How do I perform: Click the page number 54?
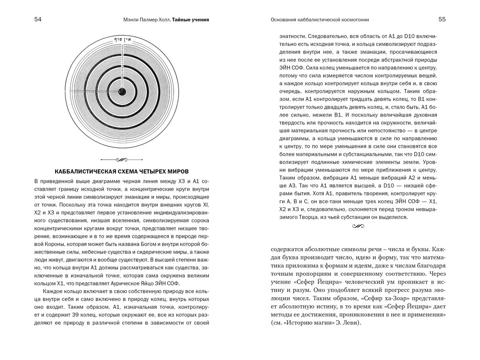click(x=38, y=20)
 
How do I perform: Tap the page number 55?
click(x=442, y=20)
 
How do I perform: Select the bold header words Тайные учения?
click(x=190, y=20)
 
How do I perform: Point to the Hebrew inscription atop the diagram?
click(x=122, y=39)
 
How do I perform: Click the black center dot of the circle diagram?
click(x=122, y=92)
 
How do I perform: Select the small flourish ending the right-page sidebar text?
click(x=358, y=226)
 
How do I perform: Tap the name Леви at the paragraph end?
click(x=353, y=323)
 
